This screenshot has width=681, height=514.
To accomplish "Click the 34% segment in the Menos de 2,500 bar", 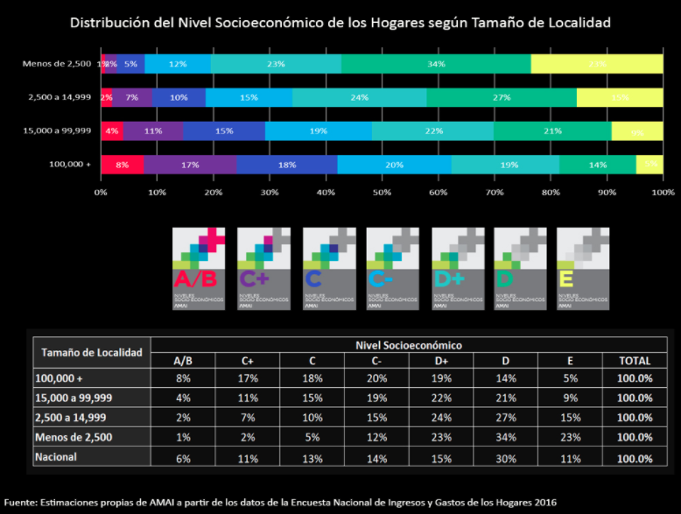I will coord(436,64).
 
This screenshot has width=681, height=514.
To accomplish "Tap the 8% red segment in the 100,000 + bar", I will coord(122,165).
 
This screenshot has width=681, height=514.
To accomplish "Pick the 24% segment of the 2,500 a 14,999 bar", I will coord(360,97).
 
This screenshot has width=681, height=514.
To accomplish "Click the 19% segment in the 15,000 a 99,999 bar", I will coord(318,130).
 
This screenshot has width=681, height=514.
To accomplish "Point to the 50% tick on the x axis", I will coord(382,192).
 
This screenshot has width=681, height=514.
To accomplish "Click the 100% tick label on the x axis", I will coord(663,192).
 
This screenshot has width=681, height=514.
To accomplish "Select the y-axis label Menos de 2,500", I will coord(59,64).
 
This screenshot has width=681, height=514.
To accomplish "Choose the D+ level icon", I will coord(458,268).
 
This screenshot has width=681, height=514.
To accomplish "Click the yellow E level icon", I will coord(584,268).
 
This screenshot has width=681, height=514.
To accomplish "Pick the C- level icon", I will coord(393,268).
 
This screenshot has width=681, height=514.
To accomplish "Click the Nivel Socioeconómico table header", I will coord(408,345).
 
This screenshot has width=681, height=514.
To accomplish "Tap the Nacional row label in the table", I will coord(56,456).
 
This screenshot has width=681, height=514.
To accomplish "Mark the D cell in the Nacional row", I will coord(505,456).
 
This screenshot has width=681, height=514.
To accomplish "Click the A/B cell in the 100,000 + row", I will coord(183,379).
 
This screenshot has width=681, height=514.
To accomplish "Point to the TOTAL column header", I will coord(634,361).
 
